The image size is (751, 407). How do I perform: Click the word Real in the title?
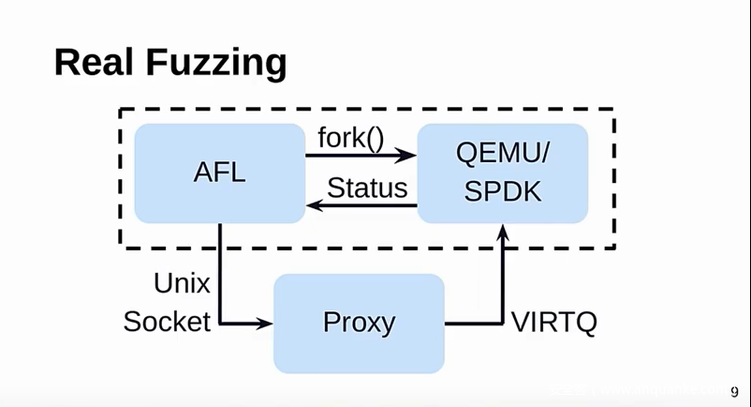(x=92, y=62)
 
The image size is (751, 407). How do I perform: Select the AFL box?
(x=219, y=173)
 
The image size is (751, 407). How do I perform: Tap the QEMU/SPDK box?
(x=502, y=173)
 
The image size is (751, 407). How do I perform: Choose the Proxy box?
(x=359, y=324)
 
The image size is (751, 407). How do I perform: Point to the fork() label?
(x=351, y=139)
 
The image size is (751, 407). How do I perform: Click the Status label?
(x=367, y=188)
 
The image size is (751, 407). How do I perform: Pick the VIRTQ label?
(x=554, y=323)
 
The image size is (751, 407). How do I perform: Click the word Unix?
(x=182, y=282)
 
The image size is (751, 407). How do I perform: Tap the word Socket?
(x=167, y=322)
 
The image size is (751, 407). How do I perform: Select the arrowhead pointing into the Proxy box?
(x=264, y=324)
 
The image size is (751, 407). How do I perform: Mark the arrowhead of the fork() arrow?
(x=406, y=156)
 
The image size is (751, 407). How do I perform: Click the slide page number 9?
(x=734, y=392)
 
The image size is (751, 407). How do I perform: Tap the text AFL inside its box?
(x=219, y=173)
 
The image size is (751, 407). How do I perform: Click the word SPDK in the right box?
(x=502, y=190)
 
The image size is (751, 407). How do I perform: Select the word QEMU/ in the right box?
(x=502, y=156)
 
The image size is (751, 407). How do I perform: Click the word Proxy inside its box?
(x=359, y=324)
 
